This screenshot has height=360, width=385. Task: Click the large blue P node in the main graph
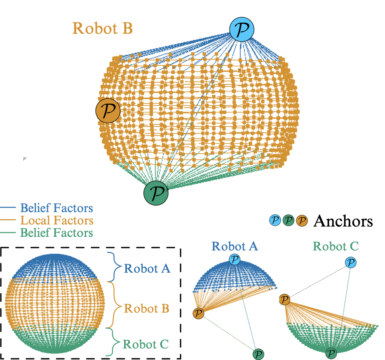pyautogui.click(x=242, y=30)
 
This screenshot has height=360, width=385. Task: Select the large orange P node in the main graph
pyautogui.click(x=108, y=110)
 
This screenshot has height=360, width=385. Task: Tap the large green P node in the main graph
pyautogui.click(x=156, y=193)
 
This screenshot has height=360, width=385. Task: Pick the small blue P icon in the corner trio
pyautogui.click(x=275, y=220)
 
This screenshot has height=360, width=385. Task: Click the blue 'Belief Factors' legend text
pyautogui.click(x=56, y=208)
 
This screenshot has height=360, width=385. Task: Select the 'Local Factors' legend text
pyautogui.click(x=56, y=220)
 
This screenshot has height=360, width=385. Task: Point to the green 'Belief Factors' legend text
pyautogui.click(x=56, y=233)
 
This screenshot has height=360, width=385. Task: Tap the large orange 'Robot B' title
pyautogui.click(x=103, y=28)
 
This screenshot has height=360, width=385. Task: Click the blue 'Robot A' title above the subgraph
pyautogui.click(x=235, y=246)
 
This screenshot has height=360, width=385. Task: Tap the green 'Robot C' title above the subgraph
pyautogui.click(x=336, y=246)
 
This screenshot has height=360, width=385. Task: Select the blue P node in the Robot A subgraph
pyautogui.click(x=235, y=259)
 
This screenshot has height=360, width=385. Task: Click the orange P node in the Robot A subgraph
pyautogui.click(x=199, y=313)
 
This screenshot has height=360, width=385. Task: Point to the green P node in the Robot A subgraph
pyautogui.click(x=258, y=353)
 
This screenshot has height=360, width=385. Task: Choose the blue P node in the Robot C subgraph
pyautogui.click(x=350, y=262)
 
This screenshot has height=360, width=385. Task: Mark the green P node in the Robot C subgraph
pyautogui.click(x=331, y=353)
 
